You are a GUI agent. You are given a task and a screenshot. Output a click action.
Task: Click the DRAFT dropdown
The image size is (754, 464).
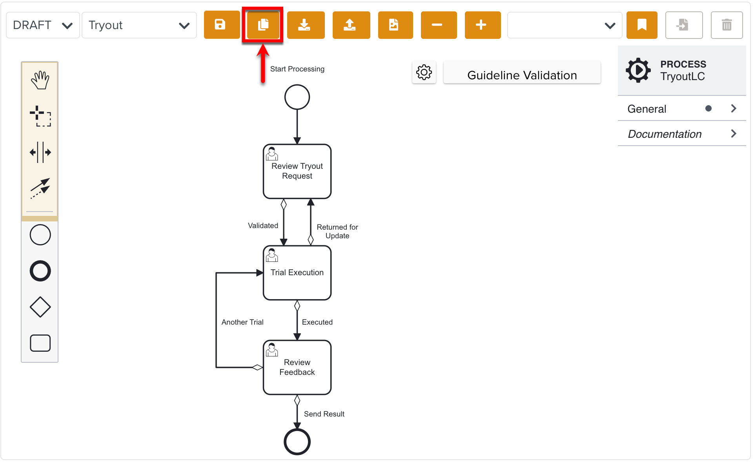[43, 25]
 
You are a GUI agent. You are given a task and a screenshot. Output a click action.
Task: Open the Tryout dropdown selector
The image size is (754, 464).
[139, 25]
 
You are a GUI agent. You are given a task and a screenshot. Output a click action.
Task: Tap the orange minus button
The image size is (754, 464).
[438, 25]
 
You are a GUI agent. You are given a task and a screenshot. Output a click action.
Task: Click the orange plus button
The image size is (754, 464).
[482, 25]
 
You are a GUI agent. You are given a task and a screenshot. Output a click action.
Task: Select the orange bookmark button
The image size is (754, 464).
[641, 25]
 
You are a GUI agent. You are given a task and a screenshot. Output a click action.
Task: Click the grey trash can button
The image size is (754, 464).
[726, 25]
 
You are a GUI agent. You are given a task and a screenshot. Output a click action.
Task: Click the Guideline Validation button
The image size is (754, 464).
[521, 75]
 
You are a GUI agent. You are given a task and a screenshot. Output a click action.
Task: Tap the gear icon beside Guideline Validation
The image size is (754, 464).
[424, 72]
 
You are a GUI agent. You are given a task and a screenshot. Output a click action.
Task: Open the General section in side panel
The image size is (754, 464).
[681, 109]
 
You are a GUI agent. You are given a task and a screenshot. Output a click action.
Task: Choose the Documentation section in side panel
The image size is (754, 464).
[681, 134]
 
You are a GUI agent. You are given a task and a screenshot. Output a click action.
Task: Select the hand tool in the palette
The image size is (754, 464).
[40, 80]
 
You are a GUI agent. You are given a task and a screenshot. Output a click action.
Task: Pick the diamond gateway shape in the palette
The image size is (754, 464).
[40, 307]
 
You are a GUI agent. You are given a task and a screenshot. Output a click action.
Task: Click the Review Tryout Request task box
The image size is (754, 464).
[297, 172]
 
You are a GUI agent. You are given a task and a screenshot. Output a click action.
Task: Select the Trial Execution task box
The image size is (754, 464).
[297, 273]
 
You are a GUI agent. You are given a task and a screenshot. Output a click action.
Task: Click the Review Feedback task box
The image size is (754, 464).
[297, 367]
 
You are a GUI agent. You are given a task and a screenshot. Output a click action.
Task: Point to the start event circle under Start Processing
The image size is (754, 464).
[297, 97]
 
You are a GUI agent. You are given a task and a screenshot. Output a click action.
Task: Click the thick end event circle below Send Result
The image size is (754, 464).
[297, 442]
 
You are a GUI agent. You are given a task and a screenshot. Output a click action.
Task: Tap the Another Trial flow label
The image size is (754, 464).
[242, 322]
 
